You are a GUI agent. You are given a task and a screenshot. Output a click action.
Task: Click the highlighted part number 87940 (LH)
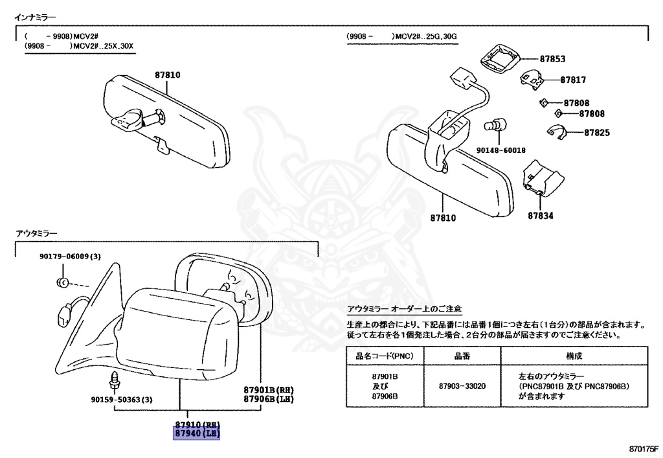click(x=196, y=433)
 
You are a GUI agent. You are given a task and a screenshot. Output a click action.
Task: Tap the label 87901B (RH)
click(x=269, y=390)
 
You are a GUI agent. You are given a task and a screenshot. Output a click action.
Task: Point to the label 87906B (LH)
click(x=269, y=399)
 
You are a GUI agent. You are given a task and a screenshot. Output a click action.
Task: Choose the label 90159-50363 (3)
click(x=122, y=399)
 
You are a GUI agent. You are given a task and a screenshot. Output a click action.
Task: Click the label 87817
click(x=573, y=80)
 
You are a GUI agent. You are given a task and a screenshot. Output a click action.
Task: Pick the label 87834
click(x=540, y=216)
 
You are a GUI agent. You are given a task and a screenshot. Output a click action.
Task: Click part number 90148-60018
click(x=502, y=150)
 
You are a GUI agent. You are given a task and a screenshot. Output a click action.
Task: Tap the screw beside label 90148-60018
click(x=499, y=124)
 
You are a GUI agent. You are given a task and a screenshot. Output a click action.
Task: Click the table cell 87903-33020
click(x=462, y=385)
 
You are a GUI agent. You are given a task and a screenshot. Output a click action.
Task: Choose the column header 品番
click(x=462, y=356)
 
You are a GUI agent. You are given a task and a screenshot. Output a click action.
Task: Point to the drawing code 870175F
click(x=641, y=448)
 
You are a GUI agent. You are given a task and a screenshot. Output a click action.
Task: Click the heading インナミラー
click(x=35, y=15)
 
